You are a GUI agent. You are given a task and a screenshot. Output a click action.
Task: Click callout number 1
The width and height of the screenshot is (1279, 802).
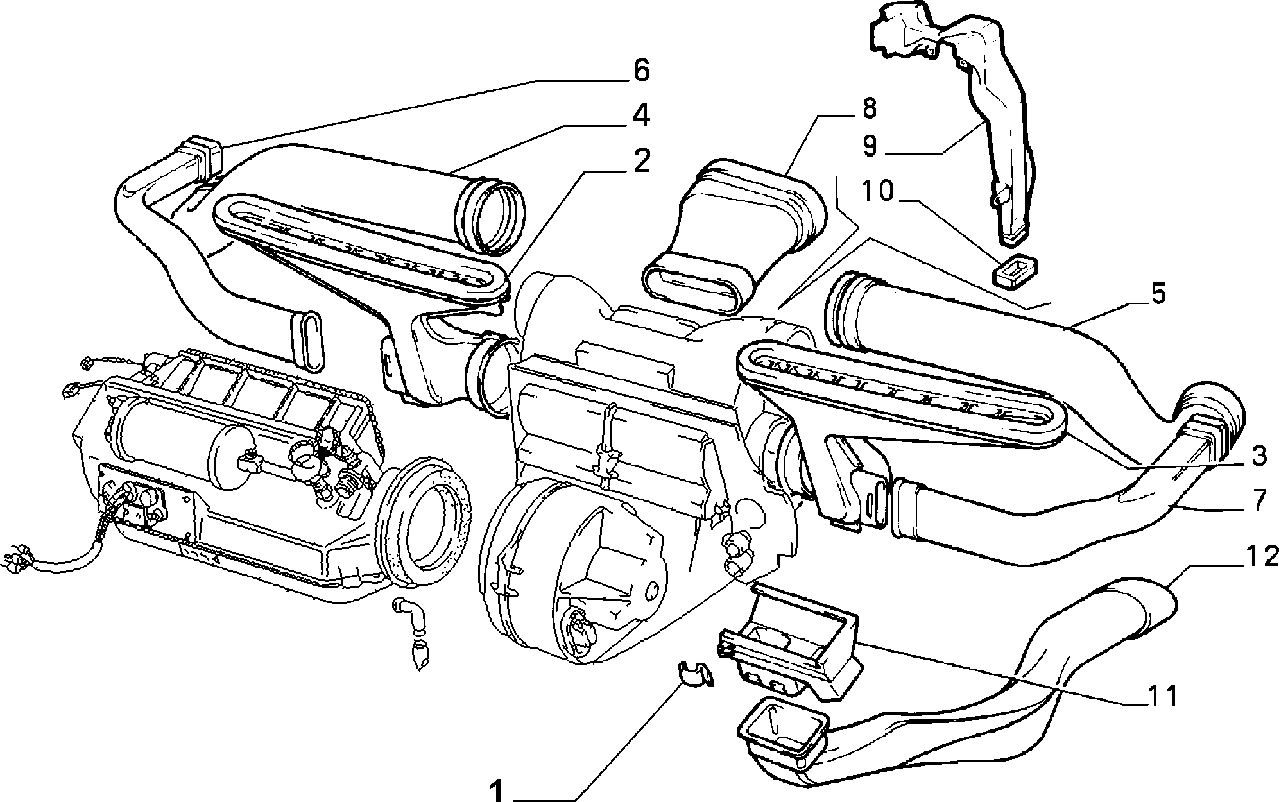[x=497, y=790]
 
